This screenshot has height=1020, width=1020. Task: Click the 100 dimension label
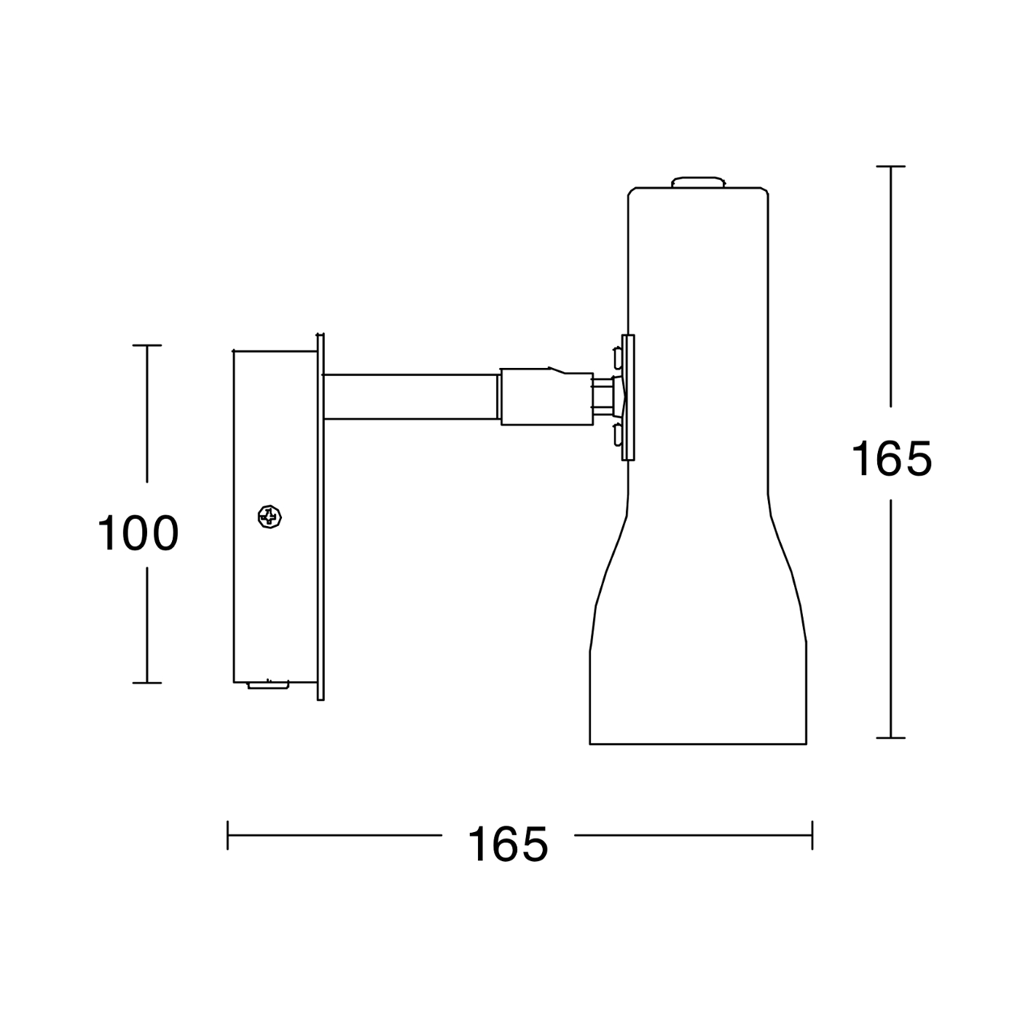tap(138, 533)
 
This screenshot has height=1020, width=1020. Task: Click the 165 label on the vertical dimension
tap(892, 458)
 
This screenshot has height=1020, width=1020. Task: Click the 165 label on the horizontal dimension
tap(508, 843)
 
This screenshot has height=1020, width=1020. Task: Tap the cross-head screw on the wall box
tap(270, 516)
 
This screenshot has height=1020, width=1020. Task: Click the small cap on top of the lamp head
tap(698, 182)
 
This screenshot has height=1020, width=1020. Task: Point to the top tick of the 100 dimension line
tap(146, 345)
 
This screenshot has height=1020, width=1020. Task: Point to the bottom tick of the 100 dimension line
tap(146, 683)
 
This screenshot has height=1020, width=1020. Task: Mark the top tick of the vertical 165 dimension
tap(891, 166)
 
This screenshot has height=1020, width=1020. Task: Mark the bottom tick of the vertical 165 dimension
tap(891, 738)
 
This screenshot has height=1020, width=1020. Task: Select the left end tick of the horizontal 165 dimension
tap(227, 835)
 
